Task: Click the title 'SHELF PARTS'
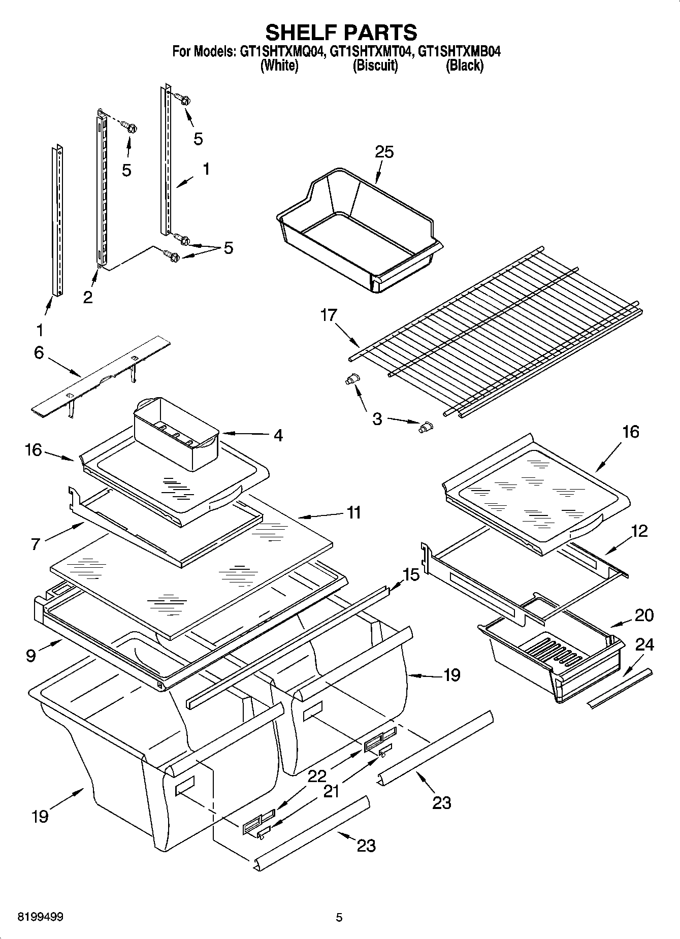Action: pyautogui.click(x=341, y=32)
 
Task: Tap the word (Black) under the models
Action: pyautogui.click(x=464, y=66)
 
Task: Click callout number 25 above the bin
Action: pyautogui.click(x=384, y=151)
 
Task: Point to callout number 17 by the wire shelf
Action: pyautogui.click(x=329, y=315)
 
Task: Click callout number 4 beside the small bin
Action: pyautogui.click(x=278, y=435)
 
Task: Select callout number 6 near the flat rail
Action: pyautogui.click(x=39, y=352)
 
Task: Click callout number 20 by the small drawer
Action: pyautogui.click(x=644, y=615)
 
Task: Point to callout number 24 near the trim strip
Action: pyautogui.click(x=644, y=645)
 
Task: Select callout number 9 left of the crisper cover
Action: pyautogui.click(x=31, y=656)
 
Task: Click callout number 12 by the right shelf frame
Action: pyautogui.click(x=639, y=531)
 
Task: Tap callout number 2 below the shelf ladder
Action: pyautogui.click(x=88, y=297)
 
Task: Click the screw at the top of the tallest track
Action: pyautogui.click(x=182, y=99)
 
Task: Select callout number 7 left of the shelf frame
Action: pyautogui.click(x=35, y=544)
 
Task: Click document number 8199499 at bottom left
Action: pyautogui.click(x=40, y=917)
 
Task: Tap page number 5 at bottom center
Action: pyautogui.click(x=339, y=917)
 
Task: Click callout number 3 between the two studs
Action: pyautogui.click(x=377, y=419)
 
